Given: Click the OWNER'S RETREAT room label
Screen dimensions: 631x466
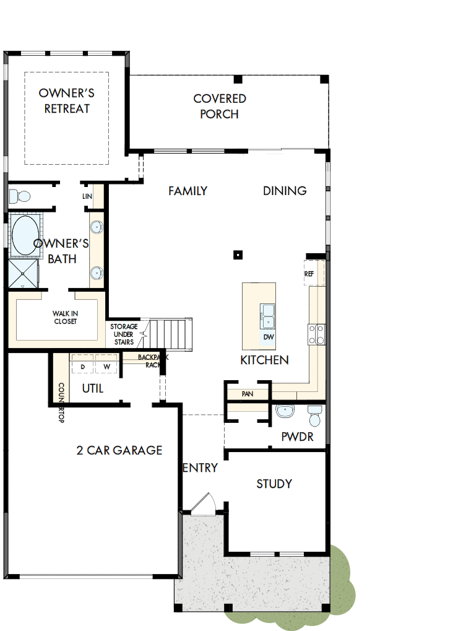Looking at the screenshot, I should click(x=66, y=101).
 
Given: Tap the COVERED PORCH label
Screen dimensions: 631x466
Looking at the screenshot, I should click(x=219, y=107).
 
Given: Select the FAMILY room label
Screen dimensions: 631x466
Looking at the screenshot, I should click(x=188, y=191).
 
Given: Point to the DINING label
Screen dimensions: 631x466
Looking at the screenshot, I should click(x=285, y=191).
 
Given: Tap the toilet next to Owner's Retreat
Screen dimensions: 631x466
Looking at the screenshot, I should click(x=20, y=196).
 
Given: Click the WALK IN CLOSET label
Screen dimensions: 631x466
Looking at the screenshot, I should click(x=64, y=317).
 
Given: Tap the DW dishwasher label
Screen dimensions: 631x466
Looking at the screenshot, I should click(x=268, y=337).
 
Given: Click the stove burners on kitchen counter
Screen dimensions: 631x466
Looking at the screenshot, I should click(x=316, y=334).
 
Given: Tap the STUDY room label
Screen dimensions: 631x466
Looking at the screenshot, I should click(x=274, y=484).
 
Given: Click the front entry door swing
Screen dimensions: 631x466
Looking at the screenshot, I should click(x=204, y=503).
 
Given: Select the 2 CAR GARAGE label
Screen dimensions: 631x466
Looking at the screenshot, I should click(x=119, y=450).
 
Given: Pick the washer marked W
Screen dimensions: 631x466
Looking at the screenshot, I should click(x=106, y=367).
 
